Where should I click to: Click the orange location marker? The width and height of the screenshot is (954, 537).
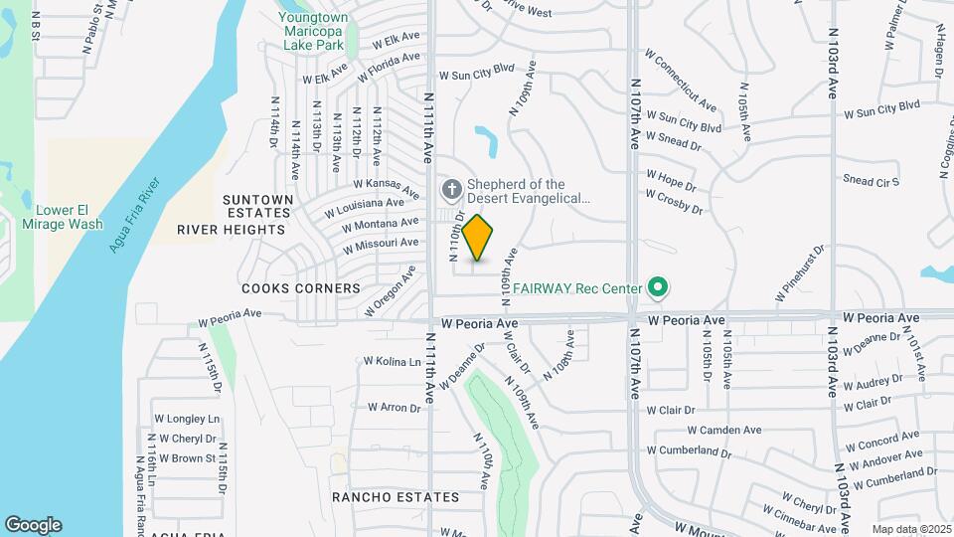coord(478,238)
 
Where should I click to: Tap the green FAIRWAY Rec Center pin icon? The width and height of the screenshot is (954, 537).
coord(656,289)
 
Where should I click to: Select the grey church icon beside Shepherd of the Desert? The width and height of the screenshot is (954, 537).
coord(450,189)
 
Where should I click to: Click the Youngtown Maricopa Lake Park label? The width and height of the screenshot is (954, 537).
coord(312,32)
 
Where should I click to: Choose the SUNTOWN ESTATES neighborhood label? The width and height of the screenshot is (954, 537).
coord(257,206)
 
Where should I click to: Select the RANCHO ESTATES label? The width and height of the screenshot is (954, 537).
coord(396,497)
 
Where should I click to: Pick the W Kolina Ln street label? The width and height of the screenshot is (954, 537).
coord(392,361)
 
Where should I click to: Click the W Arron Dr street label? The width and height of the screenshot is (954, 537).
coord(395,407)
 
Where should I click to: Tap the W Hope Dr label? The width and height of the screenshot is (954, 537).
coord(672,178)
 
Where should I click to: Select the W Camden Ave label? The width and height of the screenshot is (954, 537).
coord(724,430)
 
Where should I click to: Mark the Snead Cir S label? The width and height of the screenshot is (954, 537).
coord(871,181)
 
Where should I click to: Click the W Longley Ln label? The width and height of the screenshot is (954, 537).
coord(187,419)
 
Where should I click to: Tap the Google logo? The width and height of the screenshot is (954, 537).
coord(33,524)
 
